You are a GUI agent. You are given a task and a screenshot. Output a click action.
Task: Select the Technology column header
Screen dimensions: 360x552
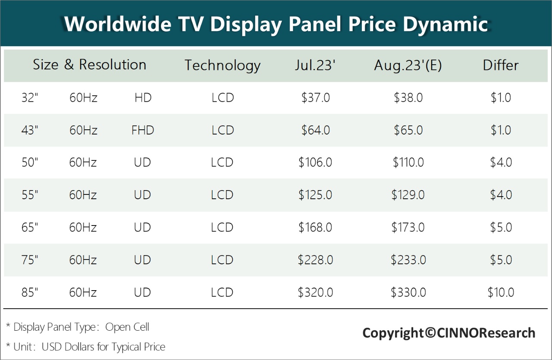pos(223,66)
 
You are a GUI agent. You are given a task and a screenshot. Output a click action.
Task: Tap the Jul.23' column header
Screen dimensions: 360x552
pos(315,66)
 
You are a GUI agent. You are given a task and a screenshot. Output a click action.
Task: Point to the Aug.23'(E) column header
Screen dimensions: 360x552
pos(408,66)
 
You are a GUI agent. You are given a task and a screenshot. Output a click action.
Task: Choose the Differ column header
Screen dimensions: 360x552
pos(501,66)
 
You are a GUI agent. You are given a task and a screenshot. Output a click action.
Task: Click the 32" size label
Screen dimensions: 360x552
pos(30,98)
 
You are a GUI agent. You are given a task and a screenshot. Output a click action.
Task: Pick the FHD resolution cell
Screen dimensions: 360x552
pos(143,130)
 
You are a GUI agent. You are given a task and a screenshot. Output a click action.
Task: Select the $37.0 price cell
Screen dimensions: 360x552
pos(315,98)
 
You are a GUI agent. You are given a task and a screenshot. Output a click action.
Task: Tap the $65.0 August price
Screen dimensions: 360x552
pos(408,130)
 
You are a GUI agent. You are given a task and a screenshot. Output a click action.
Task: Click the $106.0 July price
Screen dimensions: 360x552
pos(315,163)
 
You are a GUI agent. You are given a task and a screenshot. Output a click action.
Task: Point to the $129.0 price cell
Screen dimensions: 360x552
pos(408,195)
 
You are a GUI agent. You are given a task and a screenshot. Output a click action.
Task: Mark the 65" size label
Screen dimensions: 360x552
pos(30,227)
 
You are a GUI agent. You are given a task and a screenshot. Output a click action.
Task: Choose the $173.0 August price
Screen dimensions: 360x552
pos(408,227)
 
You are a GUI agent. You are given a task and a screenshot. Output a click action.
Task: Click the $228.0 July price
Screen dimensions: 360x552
pos(315,260)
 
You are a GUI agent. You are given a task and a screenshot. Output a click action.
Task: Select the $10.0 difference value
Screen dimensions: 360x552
pos(501,292)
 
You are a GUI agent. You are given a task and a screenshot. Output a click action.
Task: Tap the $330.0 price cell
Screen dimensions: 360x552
pos(408,292)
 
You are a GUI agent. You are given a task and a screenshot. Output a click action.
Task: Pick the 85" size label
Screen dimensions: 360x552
pos(30,292)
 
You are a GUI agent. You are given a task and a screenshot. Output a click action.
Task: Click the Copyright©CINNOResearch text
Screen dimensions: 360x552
pos(448,333)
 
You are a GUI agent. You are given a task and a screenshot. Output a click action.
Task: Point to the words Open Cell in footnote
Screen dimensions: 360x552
pos(127,327)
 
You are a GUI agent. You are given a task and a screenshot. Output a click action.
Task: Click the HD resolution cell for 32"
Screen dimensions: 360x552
pos(143,98)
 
